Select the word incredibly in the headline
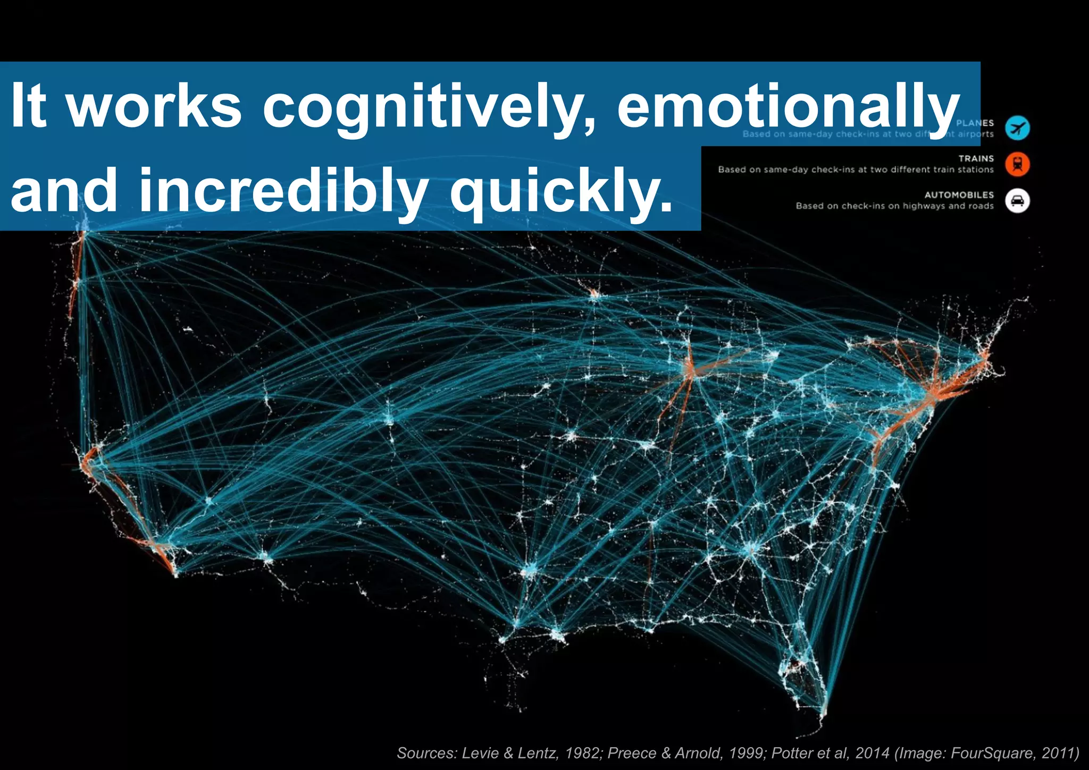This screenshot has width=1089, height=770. pyautogui.click(x=283, y=190)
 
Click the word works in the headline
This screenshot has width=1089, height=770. pyautogui.click(x=155, y=106)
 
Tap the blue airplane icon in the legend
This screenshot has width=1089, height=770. pyautogui.click(x=1017, y=128)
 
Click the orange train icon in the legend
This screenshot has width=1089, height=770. pyautogui.click(x=1017, y=164)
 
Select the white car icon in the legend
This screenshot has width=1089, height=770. pyautogui.click(x=1017, y=201)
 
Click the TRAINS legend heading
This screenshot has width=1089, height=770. pyautogui.click(x=976, y=158)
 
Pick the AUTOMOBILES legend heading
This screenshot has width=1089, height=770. pyautogui.click(x=959, y=195)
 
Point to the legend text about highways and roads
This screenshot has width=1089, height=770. pyautogui.click(x=894, y=206)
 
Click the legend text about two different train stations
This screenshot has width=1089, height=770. pyautogui.click(x=856, y=170)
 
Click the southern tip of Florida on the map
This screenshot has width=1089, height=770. pyautogui.click(x=823, y=712)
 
